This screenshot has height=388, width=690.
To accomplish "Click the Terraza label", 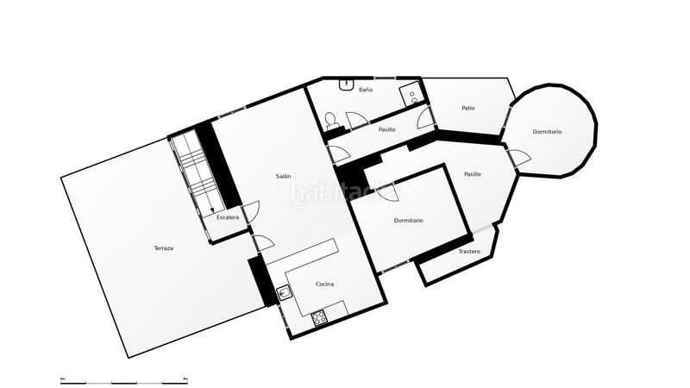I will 164,248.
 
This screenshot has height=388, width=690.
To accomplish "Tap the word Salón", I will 283,176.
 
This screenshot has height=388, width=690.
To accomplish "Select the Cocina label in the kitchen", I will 325,284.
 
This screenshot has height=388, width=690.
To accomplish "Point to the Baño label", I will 366,90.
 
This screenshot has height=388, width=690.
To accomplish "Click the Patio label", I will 467,108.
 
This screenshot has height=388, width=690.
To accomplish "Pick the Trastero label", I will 469,252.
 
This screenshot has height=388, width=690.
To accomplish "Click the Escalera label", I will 228,217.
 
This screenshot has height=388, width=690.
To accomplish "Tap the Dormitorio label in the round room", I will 547,132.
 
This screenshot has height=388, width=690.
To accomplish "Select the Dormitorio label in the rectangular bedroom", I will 409,221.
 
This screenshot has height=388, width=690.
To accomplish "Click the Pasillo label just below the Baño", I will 386,129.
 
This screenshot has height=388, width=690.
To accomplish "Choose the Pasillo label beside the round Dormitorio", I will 472,174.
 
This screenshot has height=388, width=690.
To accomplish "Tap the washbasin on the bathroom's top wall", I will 346,84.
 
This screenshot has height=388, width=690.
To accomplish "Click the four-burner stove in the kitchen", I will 319,316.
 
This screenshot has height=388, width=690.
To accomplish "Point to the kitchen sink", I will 283,291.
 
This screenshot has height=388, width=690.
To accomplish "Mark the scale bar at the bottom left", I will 124,380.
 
